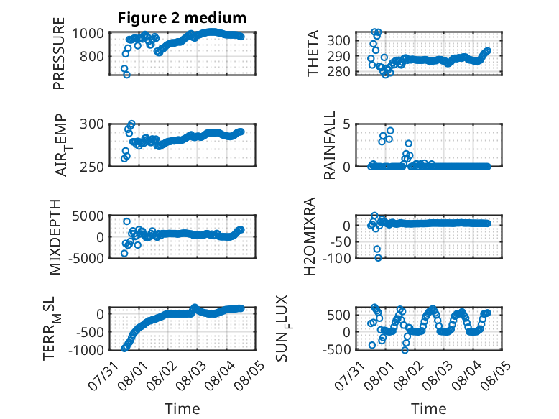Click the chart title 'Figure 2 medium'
[x=183, y=18]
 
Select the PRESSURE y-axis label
[x=59, y=53]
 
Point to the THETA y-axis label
[x=313, y=53]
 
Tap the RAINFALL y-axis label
[x=330, y=144]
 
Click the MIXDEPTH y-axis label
[x=55, y=236]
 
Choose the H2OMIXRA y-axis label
[x=310, y=236]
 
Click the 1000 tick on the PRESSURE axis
[x=88, y=34]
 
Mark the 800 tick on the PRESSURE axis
[x=92, y=56]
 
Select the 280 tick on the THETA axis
[x=338, y=72]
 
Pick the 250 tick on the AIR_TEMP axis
[x=92, y=167]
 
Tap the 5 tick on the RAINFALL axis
[x=346, y=124]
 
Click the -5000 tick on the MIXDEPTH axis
[x=86, y=258]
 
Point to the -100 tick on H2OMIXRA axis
[x=336, y=257]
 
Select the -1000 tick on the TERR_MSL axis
[x=86, y=350]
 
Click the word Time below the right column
[x=428, y=409]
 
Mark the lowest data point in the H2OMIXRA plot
[x=378, y=258]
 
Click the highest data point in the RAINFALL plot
[x=390, y=131]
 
